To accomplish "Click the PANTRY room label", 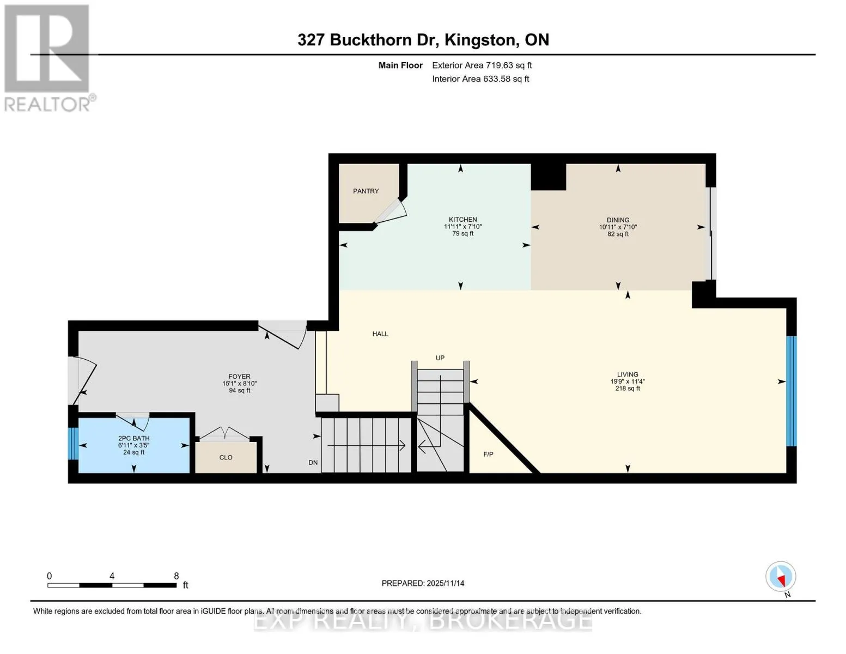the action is click(x=366, y=191).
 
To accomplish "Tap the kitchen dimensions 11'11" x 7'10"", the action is click(x=462, y=226).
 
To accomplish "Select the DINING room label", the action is click(x=618, y=220).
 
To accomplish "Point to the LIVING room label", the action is click(x=628, y=374).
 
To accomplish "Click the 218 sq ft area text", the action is click(x=628, y=389).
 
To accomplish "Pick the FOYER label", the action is click(x=240, y=376).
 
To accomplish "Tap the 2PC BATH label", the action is click(x=134, y=438).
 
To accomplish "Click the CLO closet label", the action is click(x=226, y=457).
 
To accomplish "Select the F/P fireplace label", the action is click(x=488, y=454).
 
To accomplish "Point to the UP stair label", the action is click(x=440, y=358).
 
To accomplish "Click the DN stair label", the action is click(x=313, y=462).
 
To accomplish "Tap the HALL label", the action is click(x=380, y=334).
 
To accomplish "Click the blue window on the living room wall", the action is click(x=791, y=391).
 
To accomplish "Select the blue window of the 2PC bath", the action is click(x=73, y=444).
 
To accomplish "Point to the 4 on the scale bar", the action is click(x=112, y=576).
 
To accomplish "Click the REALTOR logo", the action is click(x=48, y=58).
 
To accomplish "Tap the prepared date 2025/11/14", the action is click(x=446, y=583).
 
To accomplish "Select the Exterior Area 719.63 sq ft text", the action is click(x=482, y=65).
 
